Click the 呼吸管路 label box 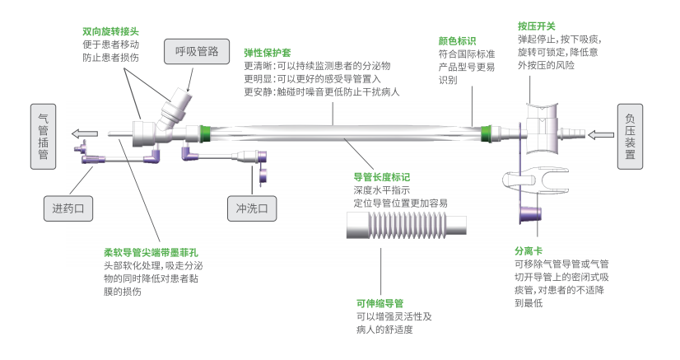(x=197, y=52)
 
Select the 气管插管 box (x=44, y=136)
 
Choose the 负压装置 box (x=641, y=136)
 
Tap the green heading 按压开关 (x=536, y=26)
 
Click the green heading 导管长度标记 (x=381, y=177)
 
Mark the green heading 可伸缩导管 (x=379, y=302)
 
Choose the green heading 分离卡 (x=529, y=250)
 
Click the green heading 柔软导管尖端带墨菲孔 (x=151, y=251)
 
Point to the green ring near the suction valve (x=488, y=131)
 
